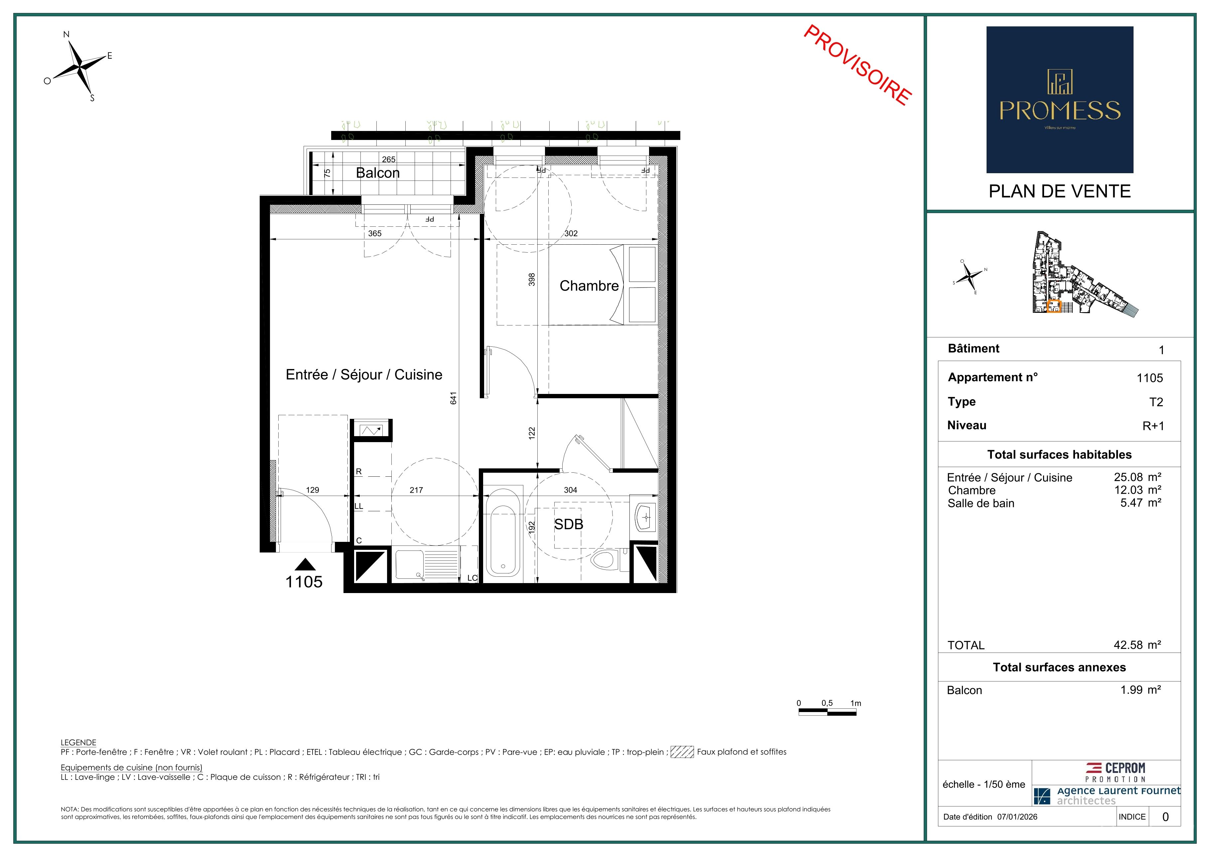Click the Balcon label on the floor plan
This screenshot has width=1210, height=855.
377,173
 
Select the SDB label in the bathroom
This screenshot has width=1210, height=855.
569,524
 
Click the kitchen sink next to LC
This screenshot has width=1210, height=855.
427,565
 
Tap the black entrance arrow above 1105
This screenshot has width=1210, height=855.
305,565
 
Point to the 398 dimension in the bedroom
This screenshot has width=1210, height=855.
532,279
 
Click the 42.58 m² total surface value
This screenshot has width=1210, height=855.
1137,645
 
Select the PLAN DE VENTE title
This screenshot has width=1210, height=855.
1059,191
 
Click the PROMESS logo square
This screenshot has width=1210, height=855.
1060,100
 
